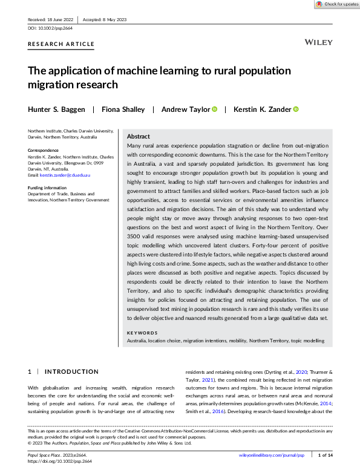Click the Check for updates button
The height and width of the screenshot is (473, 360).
tap(336, 4)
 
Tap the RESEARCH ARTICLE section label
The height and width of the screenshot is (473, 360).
tap(61, 44)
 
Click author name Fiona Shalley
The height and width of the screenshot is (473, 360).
tap(123, 109)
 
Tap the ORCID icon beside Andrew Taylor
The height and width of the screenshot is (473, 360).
tap(214, 109)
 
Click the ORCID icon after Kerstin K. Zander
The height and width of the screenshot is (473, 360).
tap(296, 109)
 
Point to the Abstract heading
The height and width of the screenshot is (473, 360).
tap(139, 137)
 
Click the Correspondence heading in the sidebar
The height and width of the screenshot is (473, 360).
tap(43, 150)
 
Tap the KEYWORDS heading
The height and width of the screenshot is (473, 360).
tap(142, 333)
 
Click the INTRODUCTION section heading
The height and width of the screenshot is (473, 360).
tap(71, 371)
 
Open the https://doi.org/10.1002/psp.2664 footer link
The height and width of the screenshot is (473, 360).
tap(61, 460)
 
